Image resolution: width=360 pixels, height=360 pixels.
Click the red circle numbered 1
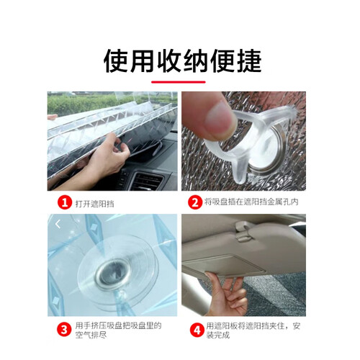pos(65,202)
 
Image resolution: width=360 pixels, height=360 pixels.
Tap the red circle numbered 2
pos(195,202)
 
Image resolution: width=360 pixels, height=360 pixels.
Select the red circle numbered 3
pos(64,330)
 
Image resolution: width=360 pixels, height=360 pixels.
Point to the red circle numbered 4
pos(197,330)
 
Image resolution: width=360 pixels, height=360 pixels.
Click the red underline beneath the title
pos(179,82)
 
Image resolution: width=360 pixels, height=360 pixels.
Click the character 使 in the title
pos(116,60)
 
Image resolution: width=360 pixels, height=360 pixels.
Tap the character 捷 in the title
pos(249,60)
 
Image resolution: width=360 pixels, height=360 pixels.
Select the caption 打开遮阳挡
pos(95,204)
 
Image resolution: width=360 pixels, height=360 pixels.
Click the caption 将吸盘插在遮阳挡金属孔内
pos(251,202)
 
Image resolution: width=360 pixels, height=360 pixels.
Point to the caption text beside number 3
pos(119,330)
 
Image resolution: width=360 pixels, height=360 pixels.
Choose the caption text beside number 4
pos(253,330)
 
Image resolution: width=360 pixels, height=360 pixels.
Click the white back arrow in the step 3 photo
pos(58,225)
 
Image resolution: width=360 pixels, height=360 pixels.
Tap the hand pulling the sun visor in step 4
pos(225,294)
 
